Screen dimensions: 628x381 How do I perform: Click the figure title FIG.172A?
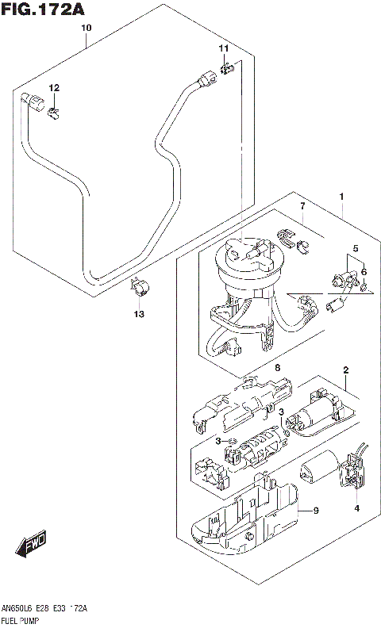(x=43, y=9)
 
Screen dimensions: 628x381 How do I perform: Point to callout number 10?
(x=87, y=28)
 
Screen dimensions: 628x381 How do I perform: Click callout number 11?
(x=224, y=49)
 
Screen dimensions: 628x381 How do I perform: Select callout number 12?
(x=54, y=88)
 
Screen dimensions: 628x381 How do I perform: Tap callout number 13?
(x=139, y=314)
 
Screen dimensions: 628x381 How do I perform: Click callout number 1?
(x=341, y=196)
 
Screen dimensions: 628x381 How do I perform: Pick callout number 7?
(x=302, y=207)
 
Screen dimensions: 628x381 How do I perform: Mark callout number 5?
(x=356, y=248)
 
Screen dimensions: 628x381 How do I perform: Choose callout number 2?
(x=346, y=370)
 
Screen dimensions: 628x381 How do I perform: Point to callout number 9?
(x=315, y=511)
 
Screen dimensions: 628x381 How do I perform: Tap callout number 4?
(x=357, y=507)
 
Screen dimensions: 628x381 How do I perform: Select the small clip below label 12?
(x=55, y=112)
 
